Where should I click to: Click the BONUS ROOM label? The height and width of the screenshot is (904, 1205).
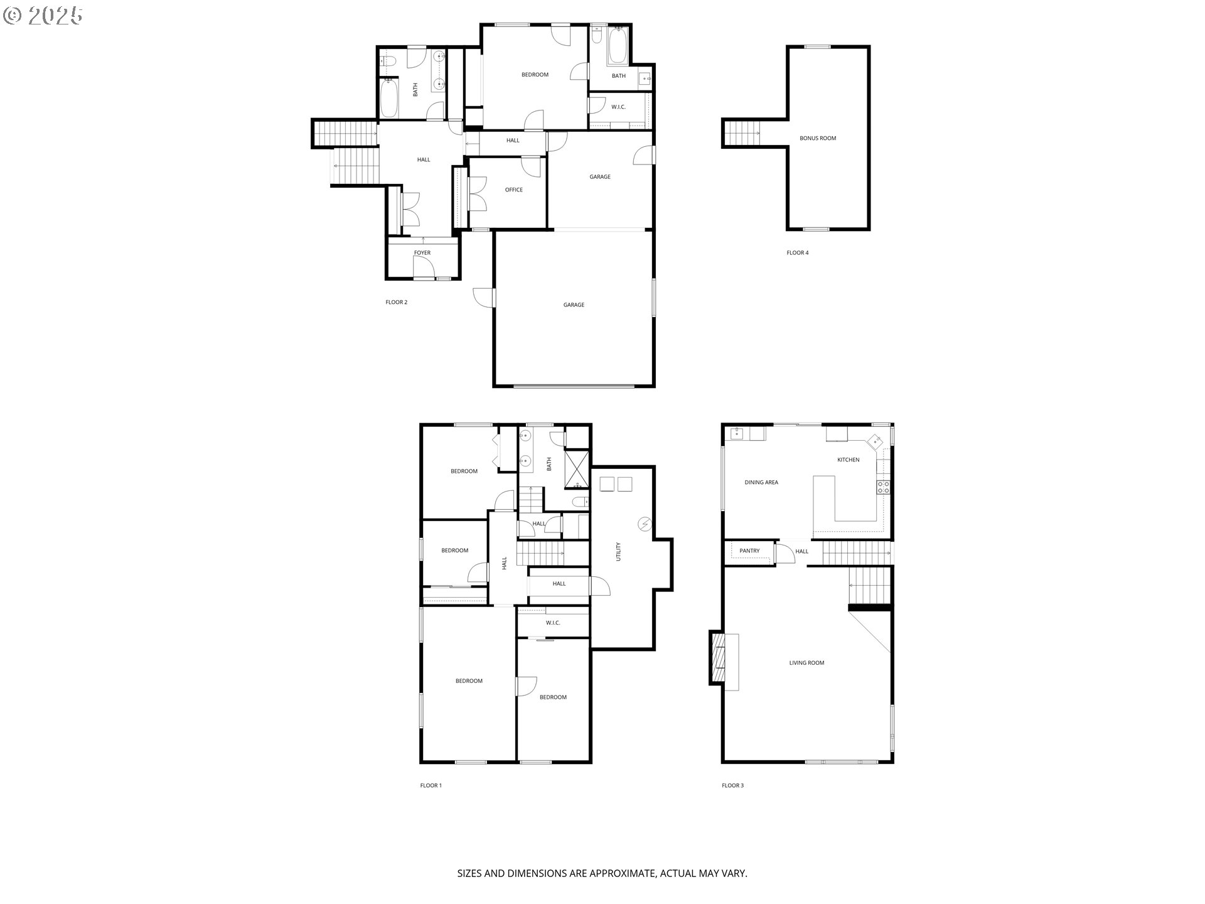tap(818, 138)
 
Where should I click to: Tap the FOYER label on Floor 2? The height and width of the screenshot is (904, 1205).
tap(422, 253)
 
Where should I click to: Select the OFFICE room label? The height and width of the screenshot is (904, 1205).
tap(513, 190)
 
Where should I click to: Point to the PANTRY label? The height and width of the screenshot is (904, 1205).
tap(749, 551)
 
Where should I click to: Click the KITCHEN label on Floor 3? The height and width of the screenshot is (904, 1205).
tap(848, 460)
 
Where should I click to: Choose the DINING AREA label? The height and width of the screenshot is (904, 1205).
tap(761, 482)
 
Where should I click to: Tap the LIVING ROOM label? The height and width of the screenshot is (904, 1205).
tap(806, 662)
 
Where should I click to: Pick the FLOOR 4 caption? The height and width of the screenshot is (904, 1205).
tap(798, 253)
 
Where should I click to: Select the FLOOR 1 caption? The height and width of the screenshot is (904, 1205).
tap(431, 785)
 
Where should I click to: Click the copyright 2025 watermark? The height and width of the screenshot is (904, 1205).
tap(43, 16)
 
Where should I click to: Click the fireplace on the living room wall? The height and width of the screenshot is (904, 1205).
tap(717, 657)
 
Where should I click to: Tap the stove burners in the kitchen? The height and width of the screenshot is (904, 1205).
tap(883, 487)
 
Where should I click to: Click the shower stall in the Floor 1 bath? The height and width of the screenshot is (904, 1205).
tap(576, 469)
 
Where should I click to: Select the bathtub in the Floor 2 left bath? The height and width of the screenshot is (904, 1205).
tap(389, 98)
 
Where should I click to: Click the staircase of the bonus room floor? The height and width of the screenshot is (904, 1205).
tap(742, 133)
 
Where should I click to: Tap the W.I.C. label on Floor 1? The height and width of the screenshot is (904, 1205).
tap(552, 623)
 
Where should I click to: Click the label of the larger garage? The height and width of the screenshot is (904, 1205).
tap(574, 305)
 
